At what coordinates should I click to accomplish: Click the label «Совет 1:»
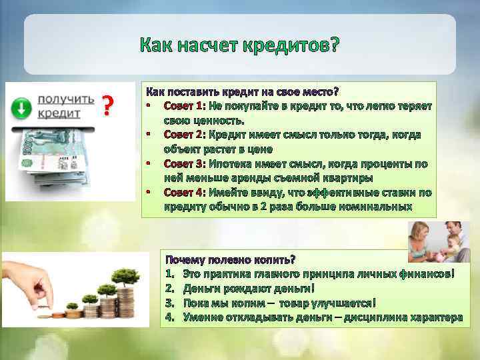pyautogui.click(x=185, y=106)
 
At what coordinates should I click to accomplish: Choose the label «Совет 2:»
pyautogui.click(x=185, y=135)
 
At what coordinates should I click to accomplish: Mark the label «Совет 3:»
pyautogui.click(x=185, y=163)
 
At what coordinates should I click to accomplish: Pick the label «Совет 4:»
pyautogui.click(x=185, y=192)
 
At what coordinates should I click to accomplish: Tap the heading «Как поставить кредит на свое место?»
pyautogui.click(x=242, y=91)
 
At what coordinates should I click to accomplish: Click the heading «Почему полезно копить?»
pyautogui.click(x=230, y=259)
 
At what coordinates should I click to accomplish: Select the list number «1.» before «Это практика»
pyautogui.click(x=170, y=274)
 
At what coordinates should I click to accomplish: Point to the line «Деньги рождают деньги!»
pyautogui.click(x=248, y=289)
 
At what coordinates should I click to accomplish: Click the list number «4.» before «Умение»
pyautogui.click(x=170, y=317)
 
